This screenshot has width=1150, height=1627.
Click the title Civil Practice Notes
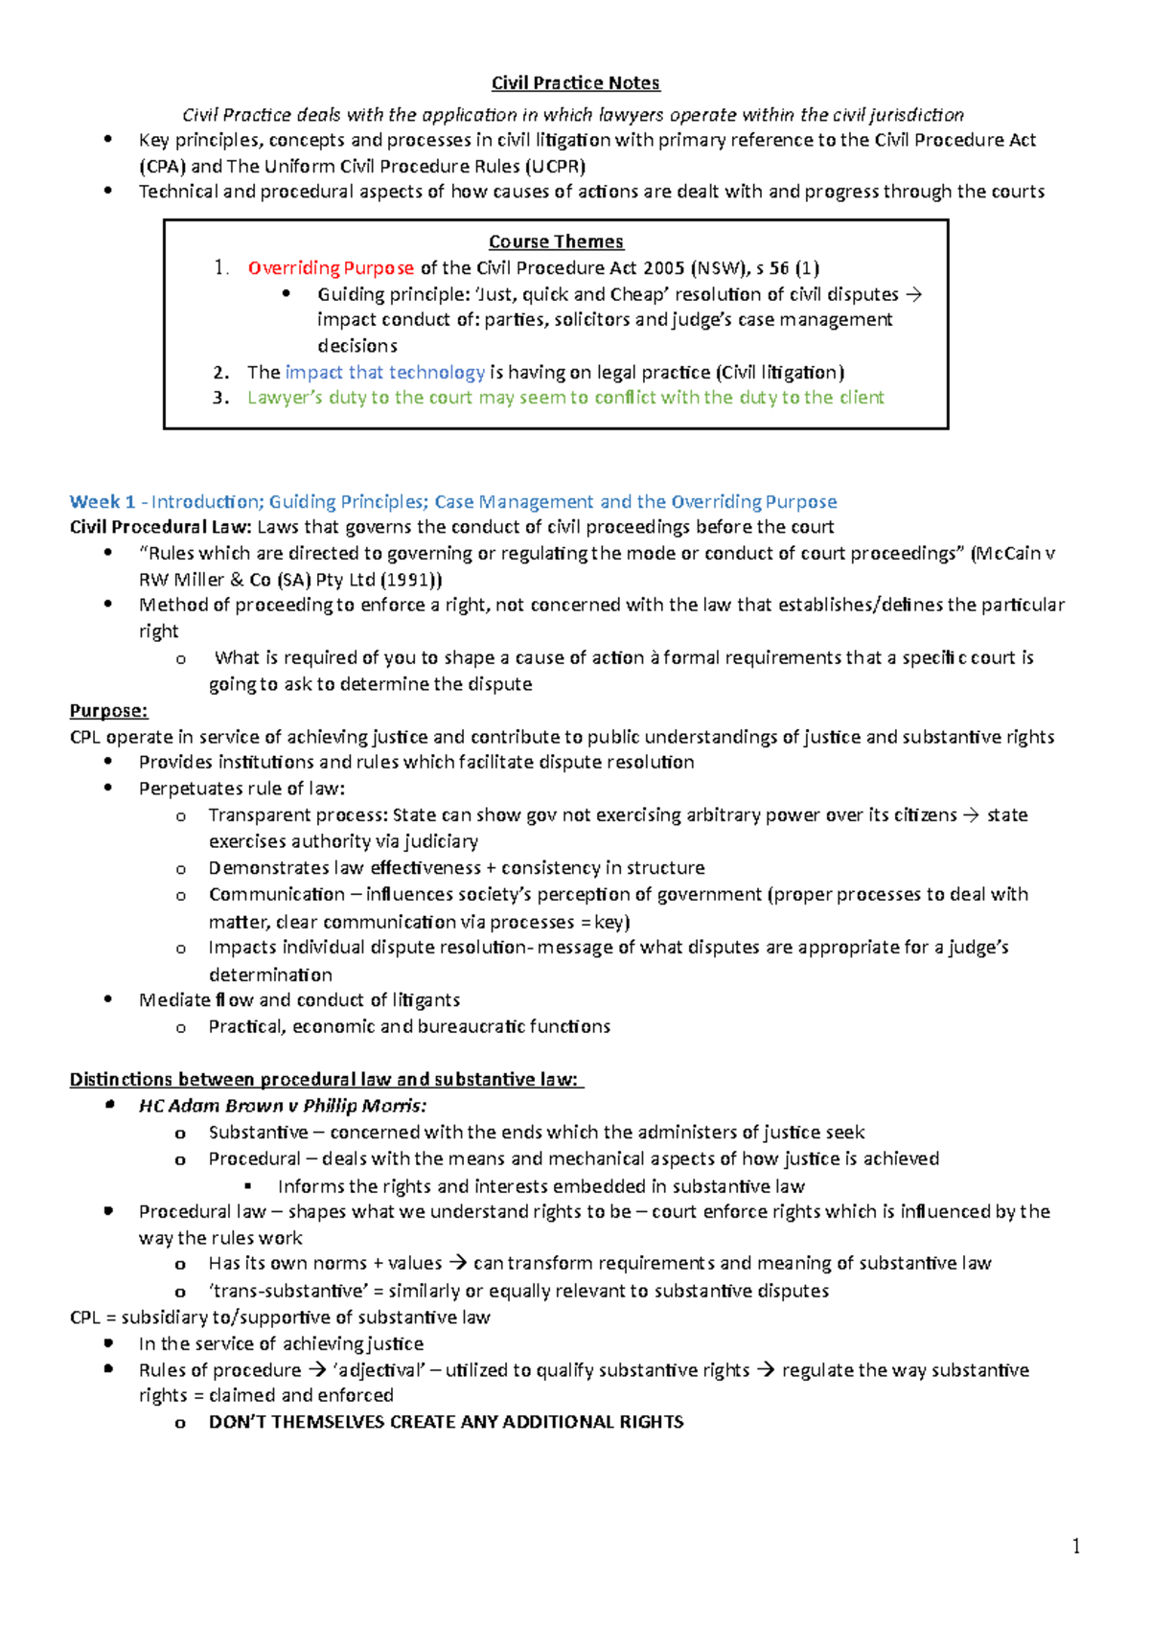pyautogui.click(x=575, y=83)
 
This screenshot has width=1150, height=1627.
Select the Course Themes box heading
pyautogui.click(x=556, y=241)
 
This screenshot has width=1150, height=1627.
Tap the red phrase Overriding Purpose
pyautogui.click(x=331, y=268)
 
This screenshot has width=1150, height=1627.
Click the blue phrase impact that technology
pyautogui.click(x=385, y=372)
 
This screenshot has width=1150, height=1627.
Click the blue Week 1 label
pyautogui.click(x=102, y=501)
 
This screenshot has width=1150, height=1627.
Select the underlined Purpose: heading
pyautogui.click(x=108, y=710)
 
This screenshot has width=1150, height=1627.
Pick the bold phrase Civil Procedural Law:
pyautogui.click(x=161, y=527)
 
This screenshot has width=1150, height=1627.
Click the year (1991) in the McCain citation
pyautogui.click(x=411, y=580)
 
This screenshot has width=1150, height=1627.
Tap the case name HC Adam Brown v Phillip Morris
pyautogui.click(x=283, y=1106)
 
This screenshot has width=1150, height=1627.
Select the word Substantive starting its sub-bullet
pyautogui.click(x=258, y=1133)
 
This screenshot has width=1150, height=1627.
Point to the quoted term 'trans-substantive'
pyautogui.click(x=287, y=1291)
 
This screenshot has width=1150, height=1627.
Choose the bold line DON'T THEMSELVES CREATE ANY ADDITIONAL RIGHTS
pyautogui.click(x=446, y=1422)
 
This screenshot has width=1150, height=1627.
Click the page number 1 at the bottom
pyautogui.click(x=1076, y=1546)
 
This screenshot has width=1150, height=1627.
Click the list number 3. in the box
pyautogui.click(x=221, y=398)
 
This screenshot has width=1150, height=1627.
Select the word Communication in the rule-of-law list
pyautogui.click(x=276, y=894)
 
